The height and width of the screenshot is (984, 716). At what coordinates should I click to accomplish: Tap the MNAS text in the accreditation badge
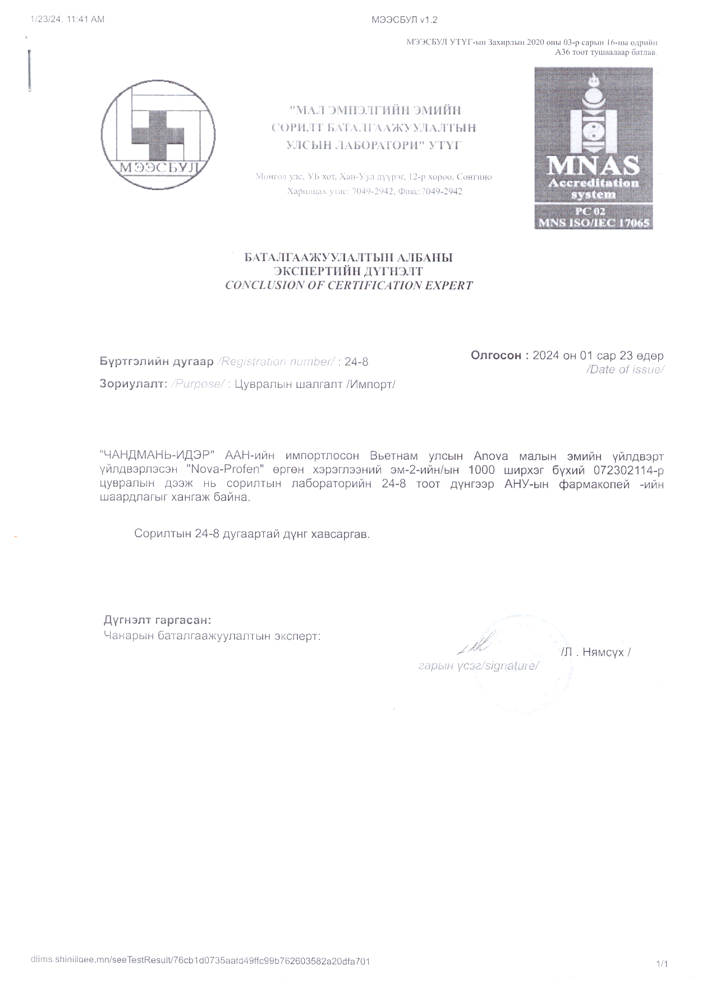(x=593, y=165)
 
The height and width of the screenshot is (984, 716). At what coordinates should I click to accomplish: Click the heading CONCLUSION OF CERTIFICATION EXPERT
(x=348, y=285)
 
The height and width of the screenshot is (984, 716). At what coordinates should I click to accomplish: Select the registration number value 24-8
(x=356, y=362)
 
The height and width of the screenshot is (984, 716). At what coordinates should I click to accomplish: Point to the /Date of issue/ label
(x=625, y=369)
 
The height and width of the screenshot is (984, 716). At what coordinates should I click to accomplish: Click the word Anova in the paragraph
(x=490, y=457)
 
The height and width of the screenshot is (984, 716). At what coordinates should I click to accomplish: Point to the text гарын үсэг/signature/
(x=479, y=666)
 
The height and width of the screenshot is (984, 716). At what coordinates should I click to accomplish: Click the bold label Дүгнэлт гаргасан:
(x=157, y=620)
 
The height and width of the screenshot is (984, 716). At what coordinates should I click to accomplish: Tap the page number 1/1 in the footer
(x=662, y=964)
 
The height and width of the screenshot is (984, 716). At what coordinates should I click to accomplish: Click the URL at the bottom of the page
(x=200, y=961)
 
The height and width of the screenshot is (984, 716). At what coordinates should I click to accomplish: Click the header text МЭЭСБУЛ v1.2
(x=404, y=20)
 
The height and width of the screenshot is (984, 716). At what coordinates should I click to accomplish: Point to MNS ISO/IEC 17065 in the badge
(x=593, y=223)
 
